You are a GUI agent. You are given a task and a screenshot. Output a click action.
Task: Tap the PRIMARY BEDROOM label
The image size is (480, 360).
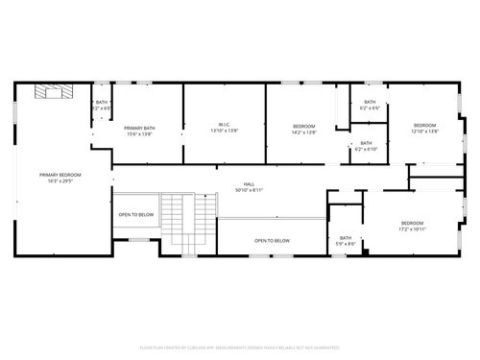click(x=60, y=175)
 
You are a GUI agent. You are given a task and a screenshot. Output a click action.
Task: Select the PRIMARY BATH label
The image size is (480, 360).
click(x=139, y=128)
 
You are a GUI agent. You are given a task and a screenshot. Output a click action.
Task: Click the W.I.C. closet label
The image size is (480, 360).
click(x=224, y=124)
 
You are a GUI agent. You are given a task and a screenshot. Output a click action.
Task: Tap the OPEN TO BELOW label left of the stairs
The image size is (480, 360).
click(x=135, y=215)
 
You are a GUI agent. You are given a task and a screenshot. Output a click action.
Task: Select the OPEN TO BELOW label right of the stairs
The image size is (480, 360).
click(x=272, y=241)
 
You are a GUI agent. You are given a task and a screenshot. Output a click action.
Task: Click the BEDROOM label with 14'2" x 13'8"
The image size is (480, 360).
click(x=304, y=126)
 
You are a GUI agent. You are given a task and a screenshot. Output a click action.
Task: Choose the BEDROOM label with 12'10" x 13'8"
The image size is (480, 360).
click(x=425, y=125)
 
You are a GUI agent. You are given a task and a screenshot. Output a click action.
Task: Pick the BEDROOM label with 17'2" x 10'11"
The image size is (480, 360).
click(x=413, y=223)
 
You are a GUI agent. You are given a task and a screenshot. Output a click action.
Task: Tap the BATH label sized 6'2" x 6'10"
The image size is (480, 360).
click(x=367, y=144)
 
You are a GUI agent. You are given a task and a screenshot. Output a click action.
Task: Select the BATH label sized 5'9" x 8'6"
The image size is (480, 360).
click(x=346, y=238)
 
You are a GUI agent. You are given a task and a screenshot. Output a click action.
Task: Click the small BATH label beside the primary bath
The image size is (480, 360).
click(x=102, y=103)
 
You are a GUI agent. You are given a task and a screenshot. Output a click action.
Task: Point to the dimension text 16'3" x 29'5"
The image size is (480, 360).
click(x=60, y=180)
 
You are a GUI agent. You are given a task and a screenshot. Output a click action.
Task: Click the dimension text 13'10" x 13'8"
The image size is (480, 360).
click(x=224, y=130)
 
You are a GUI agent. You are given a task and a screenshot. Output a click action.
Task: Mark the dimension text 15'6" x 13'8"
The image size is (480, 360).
click(x=139, y=133)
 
